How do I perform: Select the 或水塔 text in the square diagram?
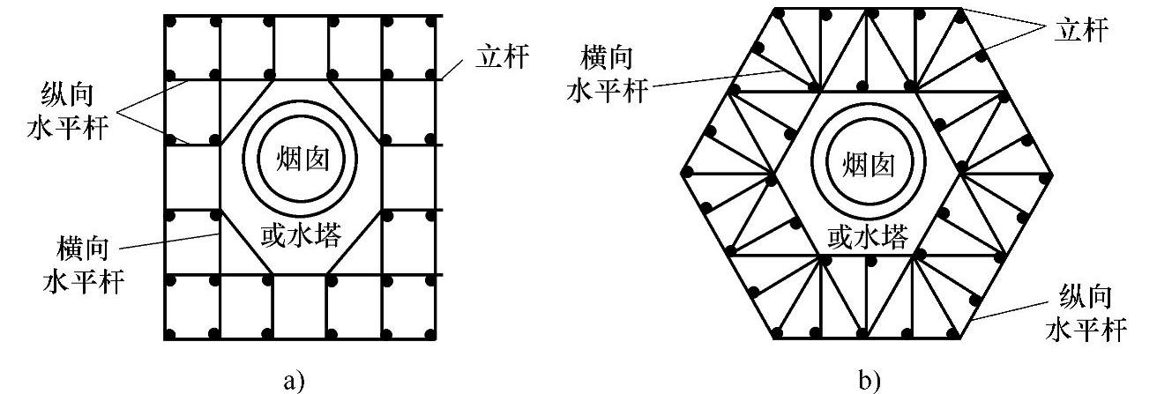tap(302, 234)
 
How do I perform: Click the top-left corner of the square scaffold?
tap(166, 17)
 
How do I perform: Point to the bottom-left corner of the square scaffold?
tap(166, 337)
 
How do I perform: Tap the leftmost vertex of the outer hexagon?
tap(680, 173)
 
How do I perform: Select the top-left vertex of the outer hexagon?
tap(774, 8)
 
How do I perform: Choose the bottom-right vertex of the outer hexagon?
tap(961, 338)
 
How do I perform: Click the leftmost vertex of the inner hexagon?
tap(774, 173)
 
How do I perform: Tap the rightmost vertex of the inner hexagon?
tap(960, 173)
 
